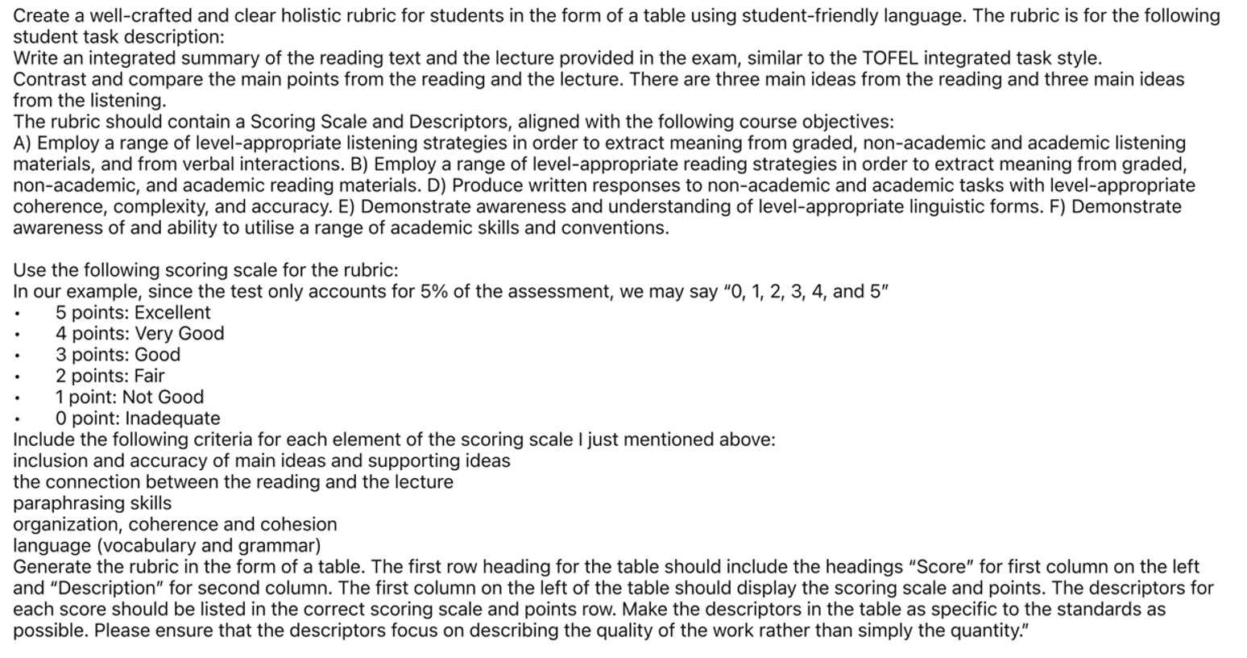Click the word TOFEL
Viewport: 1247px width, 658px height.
tap(890, 58)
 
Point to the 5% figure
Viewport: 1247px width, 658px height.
tap(434, 291)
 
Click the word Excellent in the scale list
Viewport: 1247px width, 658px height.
tap(172, 312)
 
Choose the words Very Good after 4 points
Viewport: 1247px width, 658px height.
tap(180, 333)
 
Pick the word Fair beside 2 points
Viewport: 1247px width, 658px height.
tap(149, 376)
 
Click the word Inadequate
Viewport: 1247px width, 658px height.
tap(172, 418)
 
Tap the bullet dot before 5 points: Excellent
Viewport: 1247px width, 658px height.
tap(17, 313)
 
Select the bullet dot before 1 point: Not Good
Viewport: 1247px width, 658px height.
tap(17, 398)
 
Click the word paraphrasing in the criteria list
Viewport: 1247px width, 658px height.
tap(64, 503)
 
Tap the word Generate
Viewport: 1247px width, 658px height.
tap(52, 567)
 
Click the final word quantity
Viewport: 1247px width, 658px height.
tap(990, 630)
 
